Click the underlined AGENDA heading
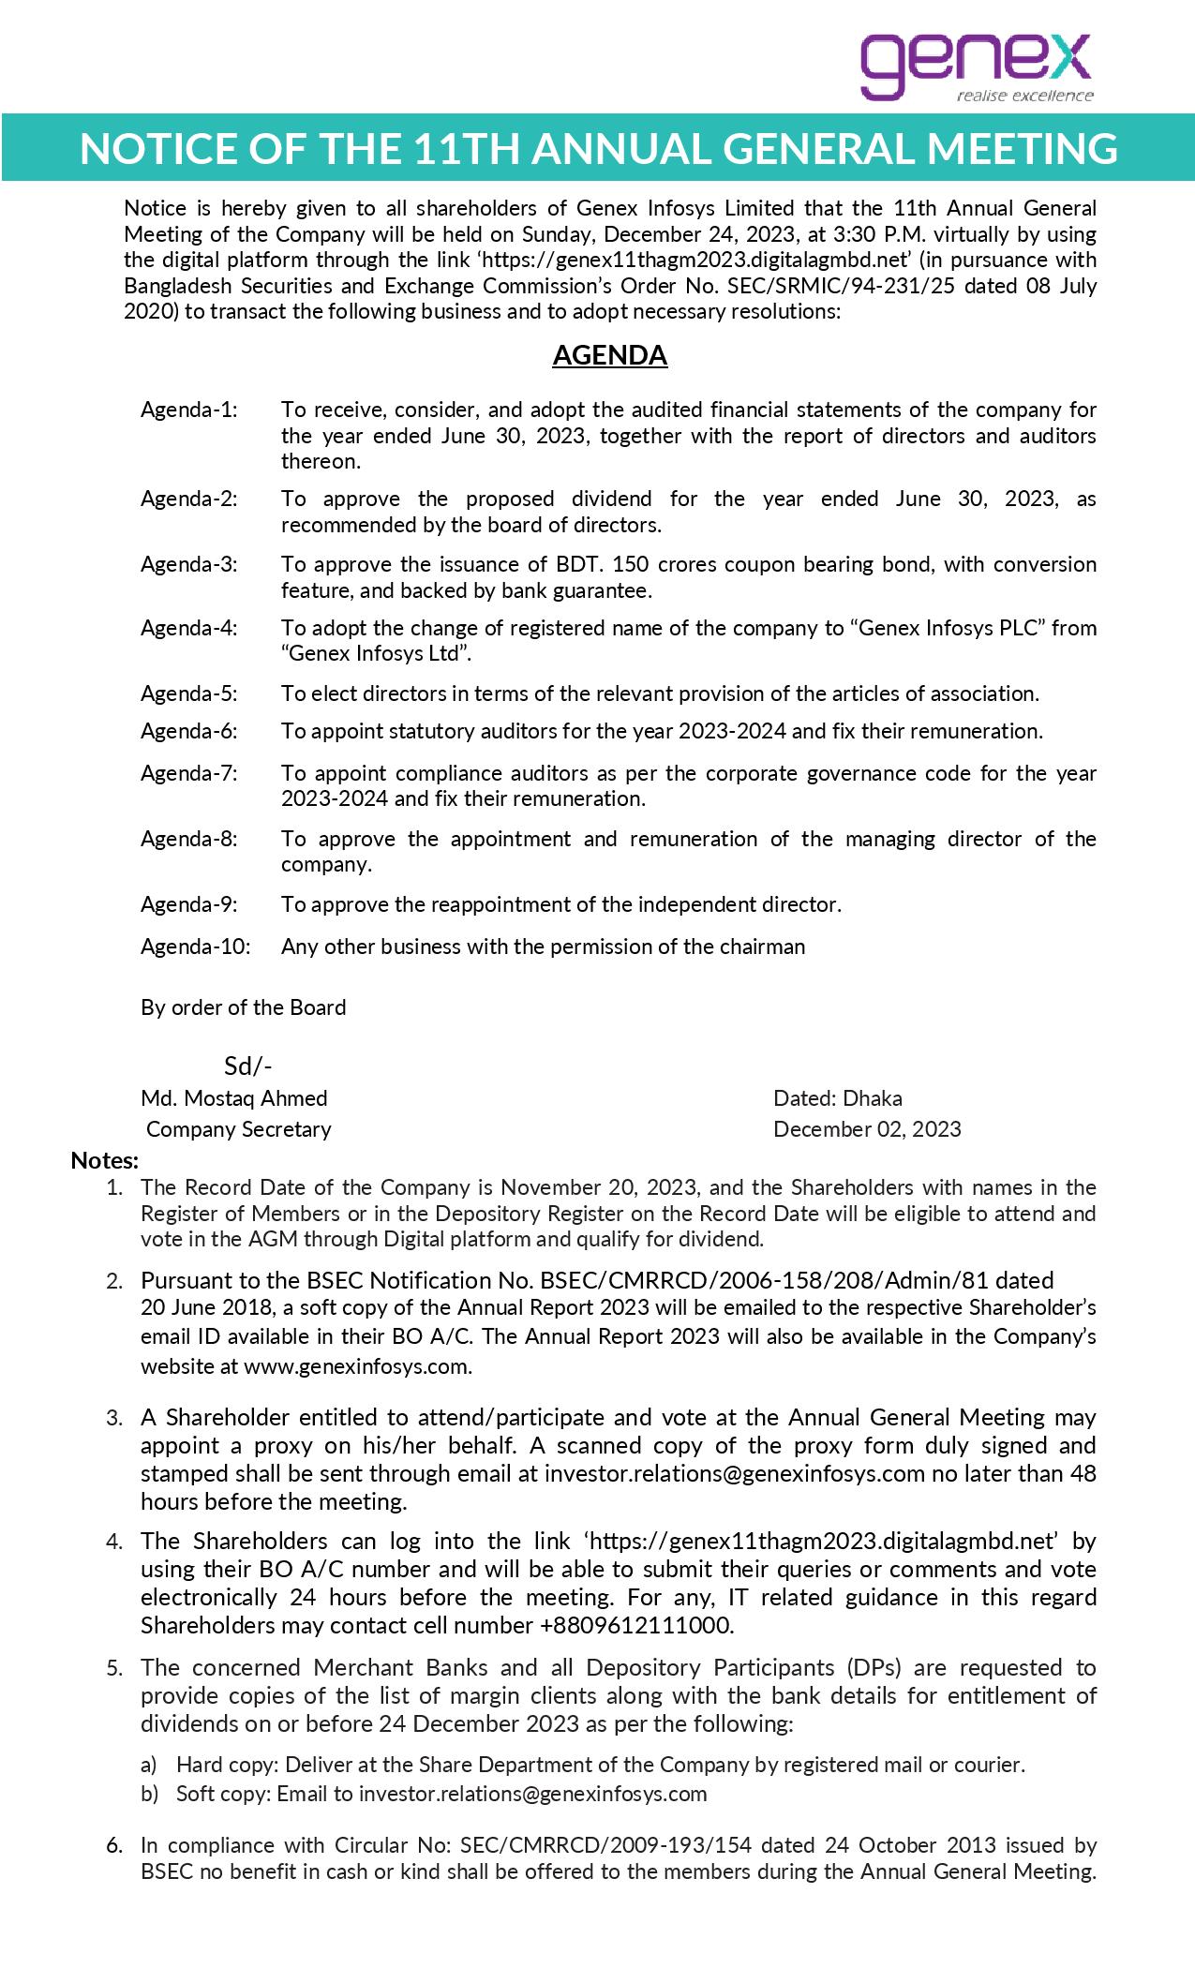[609, 355]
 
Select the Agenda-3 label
[189, 564]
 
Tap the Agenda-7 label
[189, 773]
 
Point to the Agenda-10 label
[196, 946]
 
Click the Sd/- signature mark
[247, 1066]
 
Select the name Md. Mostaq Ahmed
[234, 1097]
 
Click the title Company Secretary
[239, 1128]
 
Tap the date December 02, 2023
[867, 1128]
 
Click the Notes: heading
[105, 1160]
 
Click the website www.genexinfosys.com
[357, 1365]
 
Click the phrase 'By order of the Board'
[244, 1007]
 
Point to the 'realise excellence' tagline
[1024, 96]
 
